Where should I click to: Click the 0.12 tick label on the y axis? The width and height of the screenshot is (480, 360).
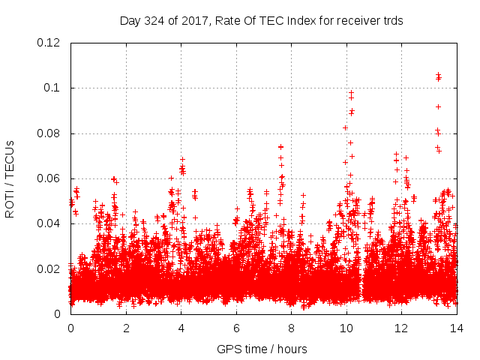pyautogui.click(x=50, y=43)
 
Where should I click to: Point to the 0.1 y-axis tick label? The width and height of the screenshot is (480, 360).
pyautogui.click(x=54, y=88)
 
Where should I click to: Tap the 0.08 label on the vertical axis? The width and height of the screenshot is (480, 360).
pyautogui.click(x=50, y=133)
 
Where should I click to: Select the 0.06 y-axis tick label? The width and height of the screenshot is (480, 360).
pyautogui.click(x=50, y=178)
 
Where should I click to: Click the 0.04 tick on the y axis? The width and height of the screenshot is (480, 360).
pyautogui.click(x=50, y=223)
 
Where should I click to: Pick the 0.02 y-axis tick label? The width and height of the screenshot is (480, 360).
pyautogui.click(x=50, y=268)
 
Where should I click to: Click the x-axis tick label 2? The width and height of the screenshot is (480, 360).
pyautogui.click(x=126, y=328)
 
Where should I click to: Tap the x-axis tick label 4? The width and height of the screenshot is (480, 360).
pyautogui.click(x=181, y=328)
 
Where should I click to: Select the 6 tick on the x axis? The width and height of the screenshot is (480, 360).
pyautogui.click(x=236, y=328)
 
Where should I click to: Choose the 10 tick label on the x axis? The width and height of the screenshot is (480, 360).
pyautogui.click(x=346, y=328)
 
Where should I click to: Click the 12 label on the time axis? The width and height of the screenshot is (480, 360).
pyautogui.click(x=401, y=328)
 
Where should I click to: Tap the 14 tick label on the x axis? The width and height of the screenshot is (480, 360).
pyautogui.click(x=457, y=328)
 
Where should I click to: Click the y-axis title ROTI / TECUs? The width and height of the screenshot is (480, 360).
pyautogui.click(x=10, y=178)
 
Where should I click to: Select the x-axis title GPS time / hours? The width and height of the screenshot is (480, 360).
pyautogui.click(x=262, y=349)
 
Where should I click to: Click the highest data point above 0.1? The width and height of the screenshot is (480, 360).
pyautogui.click(x=438, y=74)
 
